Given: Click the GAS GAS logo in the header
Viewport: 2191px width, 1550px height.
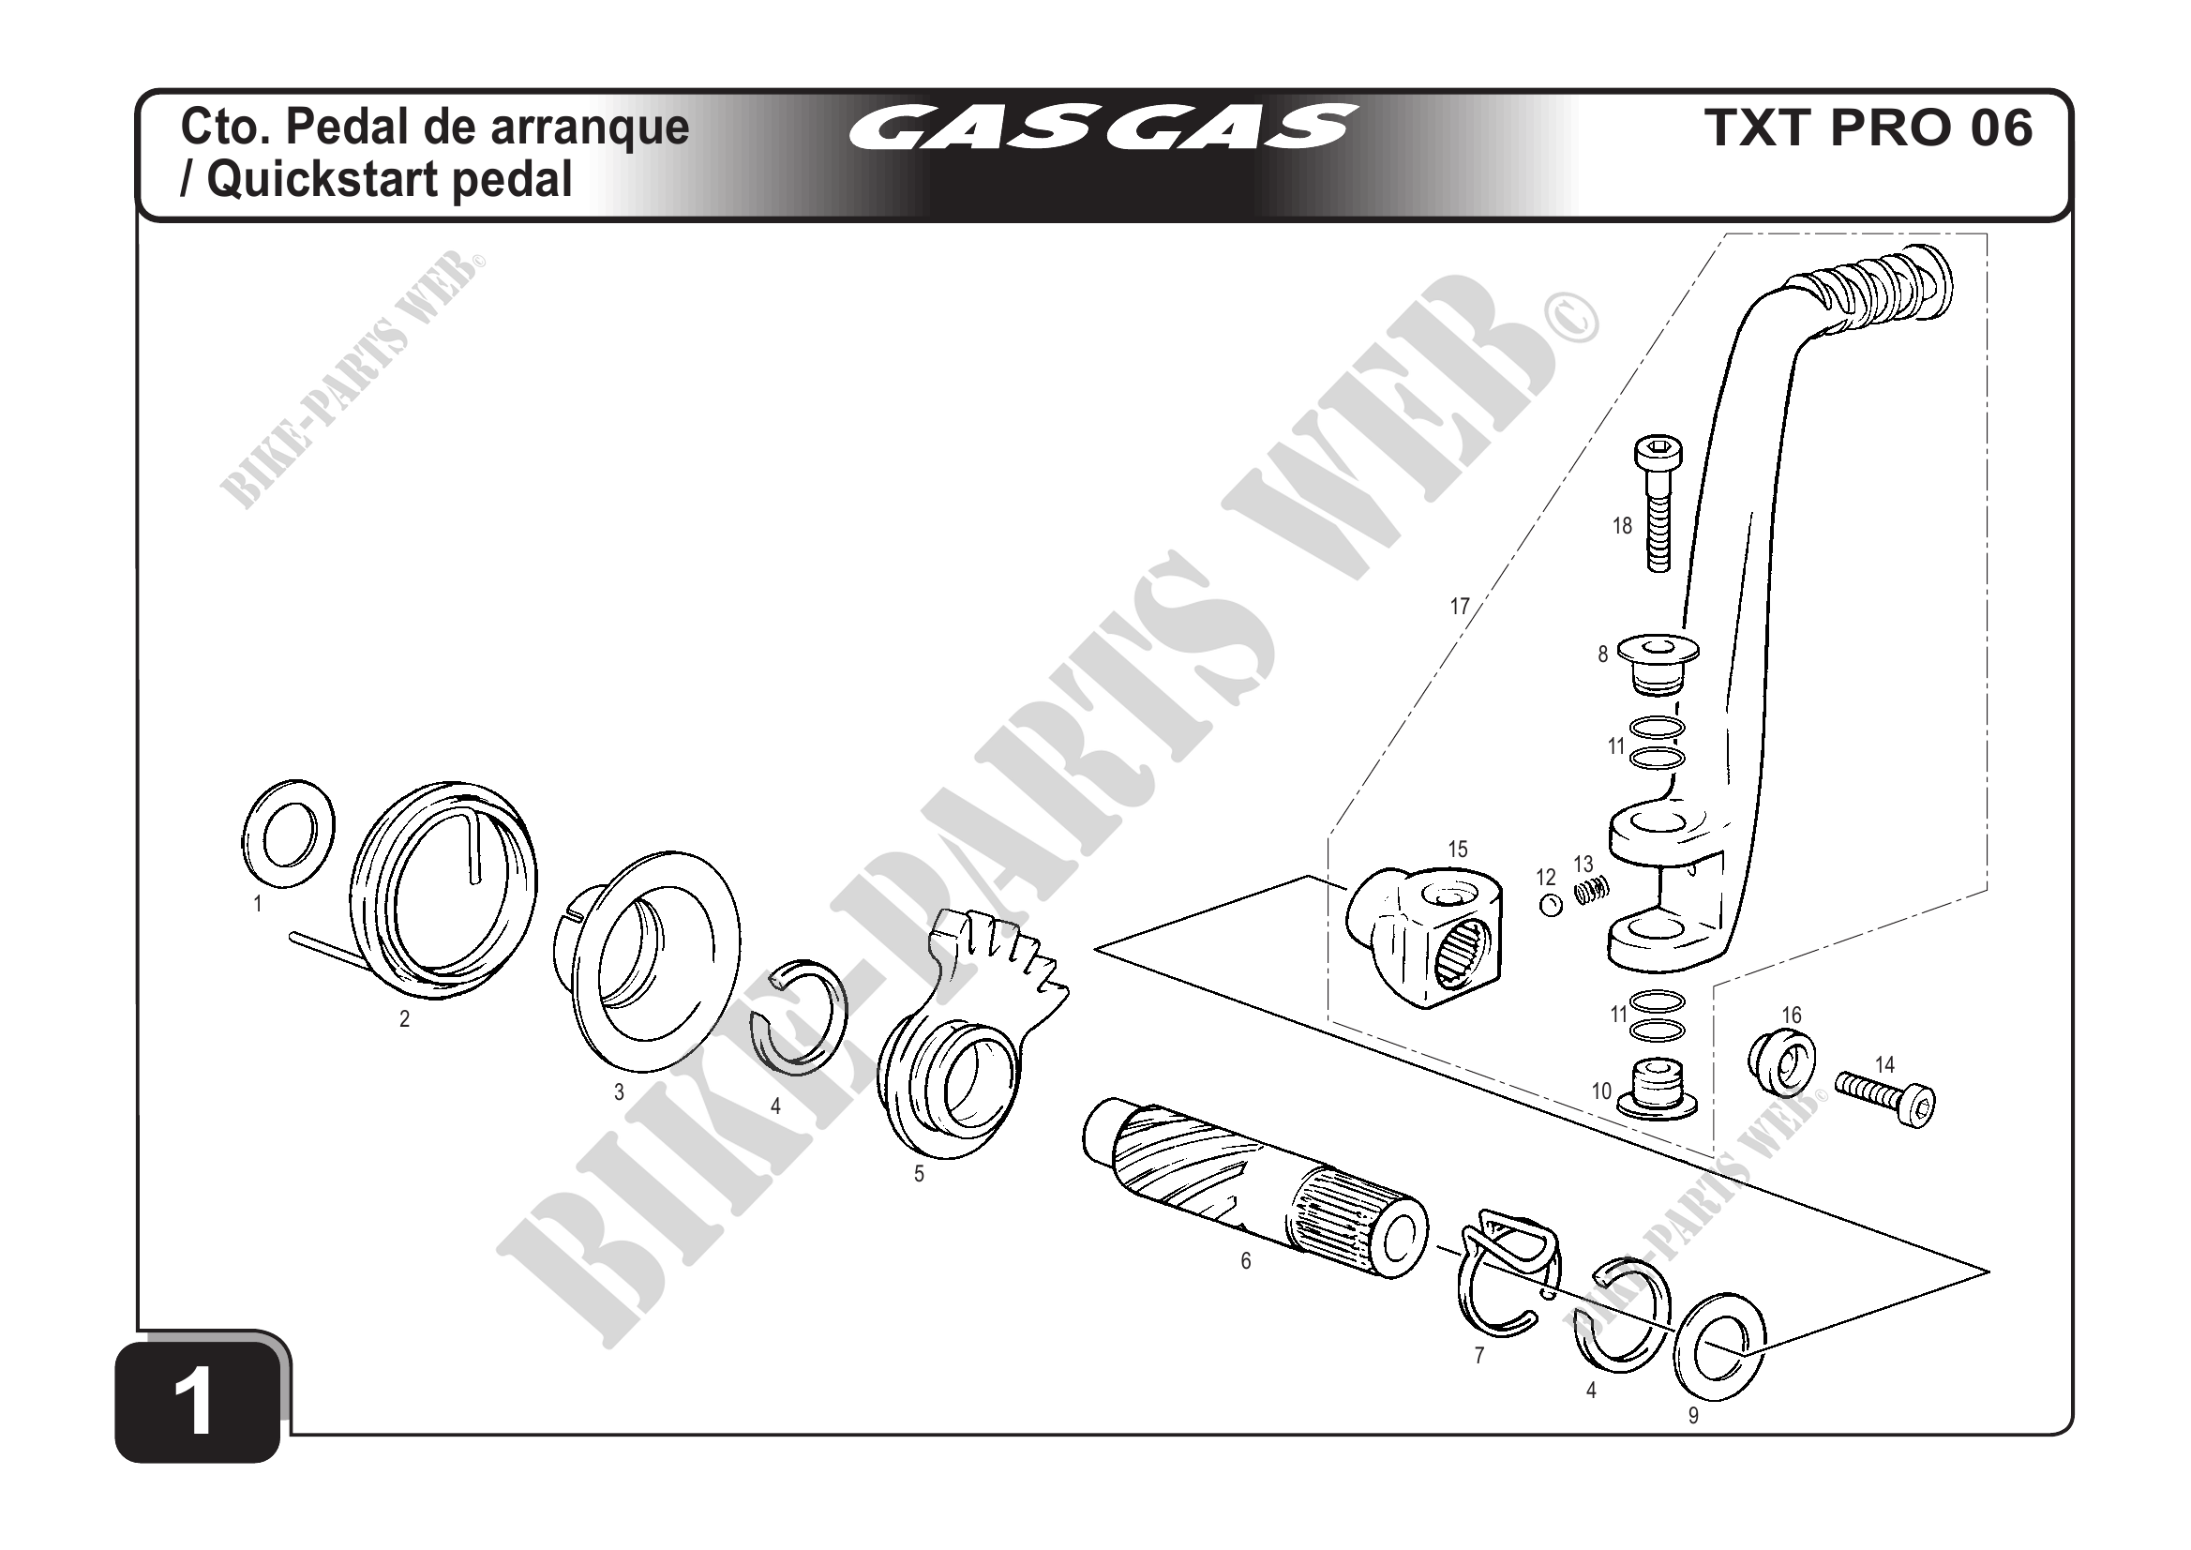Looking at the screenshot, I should click(x=1104, y=128).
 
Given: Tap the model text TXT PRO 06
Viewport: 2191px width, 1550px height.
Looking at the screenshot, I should click(x=1868, y=128).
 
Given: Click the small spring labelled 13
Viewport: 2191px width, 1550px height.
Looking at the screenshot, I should click(x=1592, y=892).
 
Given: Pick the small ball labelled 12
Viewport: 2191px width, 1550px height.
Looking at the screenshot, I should click(x=1551, y=906).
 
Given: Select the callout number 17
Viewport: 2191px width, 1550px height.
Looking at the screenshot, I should click(x=1459, y=606).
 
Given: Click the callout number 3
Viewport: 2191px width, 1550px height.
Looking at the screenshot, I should click(x=620, y=1091).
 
